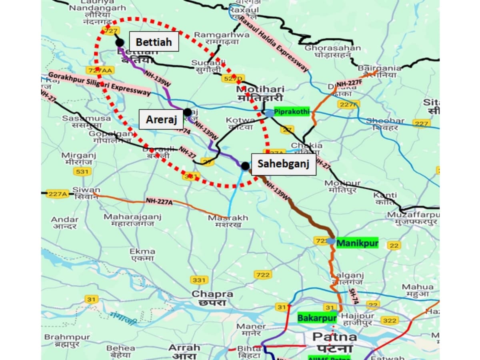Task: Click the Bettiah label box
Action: pyautogui.click(x=154, y=42)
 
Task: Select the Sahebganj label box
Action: pyautogui.click(x=283, y=164)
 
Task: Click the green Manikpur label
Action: pyautogui.click(x=357, y=243)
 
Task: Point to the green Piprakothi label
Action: pyautogui.click(x=292, y=112)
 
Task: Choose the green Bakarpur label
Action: pyautogui.click(x=316, y=318)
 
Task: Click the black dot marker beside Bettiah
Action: pyautogui.click(x=119, y=42)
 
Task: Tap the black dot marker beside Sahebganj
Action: pyautogui.click(x=245, y=166)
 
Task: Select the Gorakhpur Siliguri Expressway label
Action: pyautogui.click(x=99, y=84)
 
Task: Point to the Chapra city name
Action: pyautogui.click(x=212, y=298)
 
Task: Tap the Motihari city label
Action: pyautogui.click(x=260, y=94)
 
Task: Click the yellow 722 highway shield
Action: pyautogui.click(x=262, y=274)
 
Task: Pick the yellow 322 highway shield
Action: pyautogui.click(x=389, y=320)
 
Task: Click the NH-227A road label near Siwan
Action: pyautogui.click(x=159, y=201)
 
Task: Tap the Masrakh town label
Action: pyautogui.click(x=228, y=221)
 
